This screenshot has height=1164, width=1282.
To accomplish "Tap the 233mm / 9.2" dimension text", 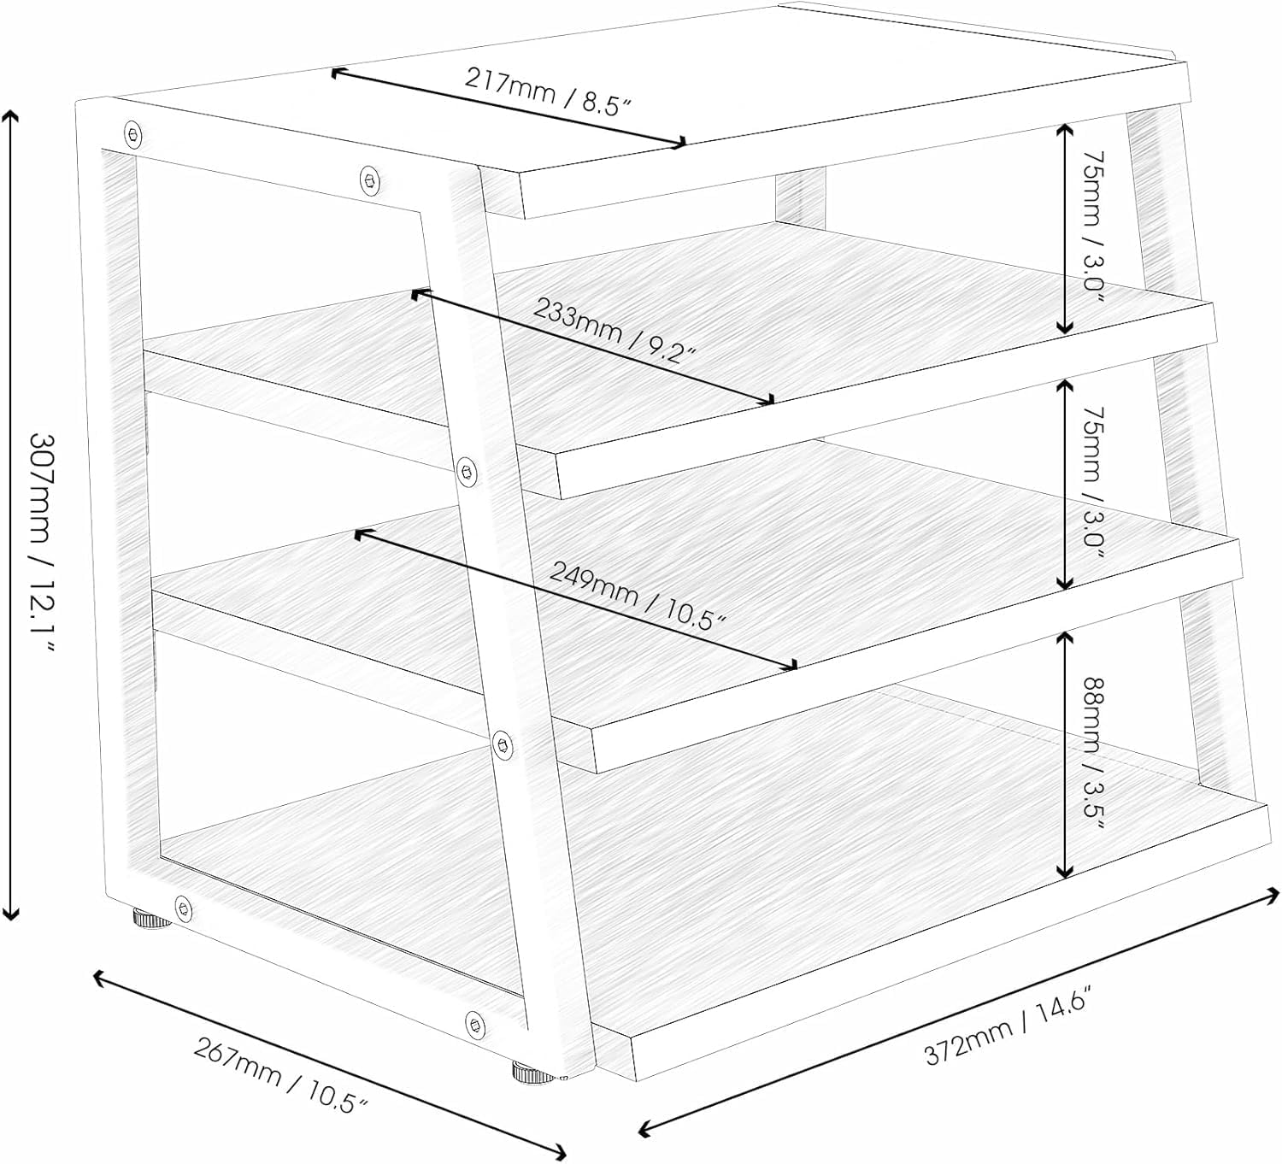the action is [x=614, y=330].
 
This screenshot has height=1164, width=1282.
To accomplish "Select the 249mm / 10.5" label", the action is [x=638, y=595].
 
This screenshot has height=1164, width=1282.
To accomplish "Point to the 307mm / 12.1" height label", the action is [x=44, y=544].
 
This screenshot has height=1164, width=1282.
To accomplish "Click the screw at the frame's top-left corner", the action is [x=133, y=134].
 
